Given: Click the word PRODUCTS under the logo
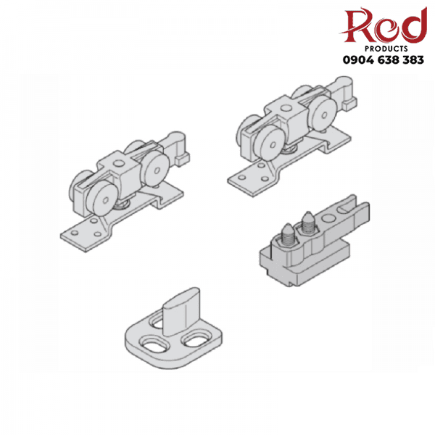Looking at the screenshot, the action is coord(386,49).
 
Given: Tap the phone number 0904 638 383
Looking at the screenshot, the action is coord(384,60).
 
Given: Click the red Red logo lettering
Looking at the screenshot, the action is coord(384,25).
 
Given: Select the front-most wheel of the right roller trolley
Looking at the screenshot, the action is coord(270,144).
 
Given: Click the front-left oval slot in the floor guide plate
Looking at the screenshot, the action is coord(154,344).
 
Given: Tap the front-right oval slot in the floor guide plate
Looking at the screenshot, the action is coord(195,339).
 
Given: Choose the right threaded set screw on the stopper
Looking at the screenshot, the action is coord(307,223).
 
